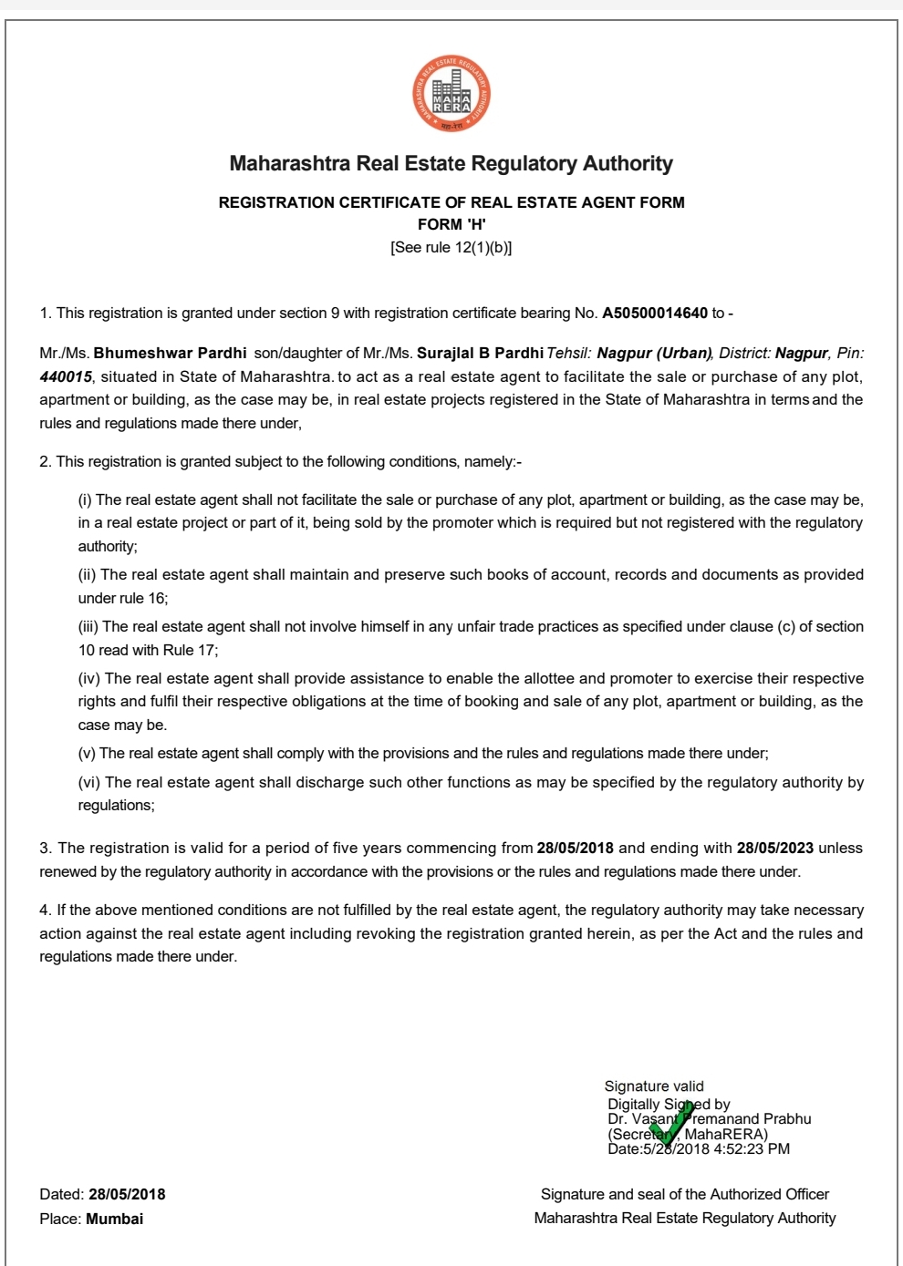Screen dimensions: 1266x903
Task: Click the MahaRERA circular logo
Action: (451, 94)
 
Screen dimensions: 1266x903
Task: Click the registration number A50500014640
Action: (654, 314)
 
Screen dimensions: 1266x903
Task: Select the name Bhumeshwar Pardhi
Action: (170, 354)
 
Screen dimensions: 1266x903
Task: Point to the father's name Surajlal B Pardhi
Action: (480, 354)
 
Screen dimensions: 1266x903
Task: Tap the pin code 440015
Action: (66, 377)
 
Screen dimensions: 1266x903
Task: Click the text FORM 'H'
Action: (451, 224)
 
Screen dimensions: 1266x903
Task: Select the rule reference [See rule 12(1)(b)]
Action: (451, 248)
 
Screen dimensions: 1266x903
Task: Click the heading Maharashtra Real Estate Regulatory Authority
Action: (451, 164)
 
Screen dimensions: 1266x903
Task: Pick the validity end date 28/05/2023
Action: (774, 849)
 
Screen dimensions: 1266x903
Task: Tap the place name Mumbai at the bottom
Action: (114, 1220)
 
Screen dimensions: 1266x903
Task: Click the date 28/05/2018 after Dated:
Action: (127, 1195)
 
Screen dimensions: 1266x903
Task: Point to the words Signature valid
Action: (654, 1086)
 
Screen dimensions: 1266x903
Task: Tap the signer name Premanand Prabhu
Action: (747, 1119)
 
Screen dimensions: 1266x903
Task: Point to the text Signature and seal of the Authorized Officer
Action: (684, 1195)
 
